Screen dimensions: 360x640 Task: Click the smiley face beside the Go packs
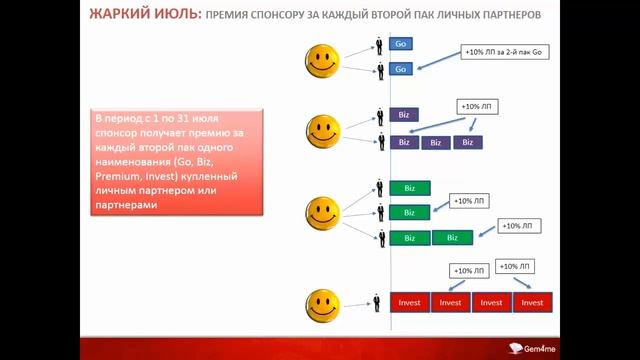click(322, 60)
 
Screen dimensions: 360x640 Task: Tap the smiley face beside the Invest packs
click(323, 302)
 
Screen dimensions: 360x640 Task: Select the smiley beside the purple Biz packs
click(322, 128)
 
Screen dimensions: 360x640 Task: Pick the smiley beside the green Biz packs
click(322, 212)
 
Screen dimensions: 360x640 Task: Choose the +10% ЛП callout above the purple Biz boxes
click(477, 105)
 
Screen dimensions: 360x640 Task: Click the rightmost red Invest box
click(532, 302)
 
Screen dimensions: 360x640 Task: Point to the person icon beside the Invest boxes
click(379, 302)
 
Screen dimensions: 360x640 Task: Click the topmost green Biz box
click(409, 188)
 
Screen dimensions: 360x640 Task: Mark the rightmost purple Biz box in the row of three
click(467, 142)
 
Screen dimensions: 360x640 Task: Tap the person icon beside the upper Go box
click(380, 45)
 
